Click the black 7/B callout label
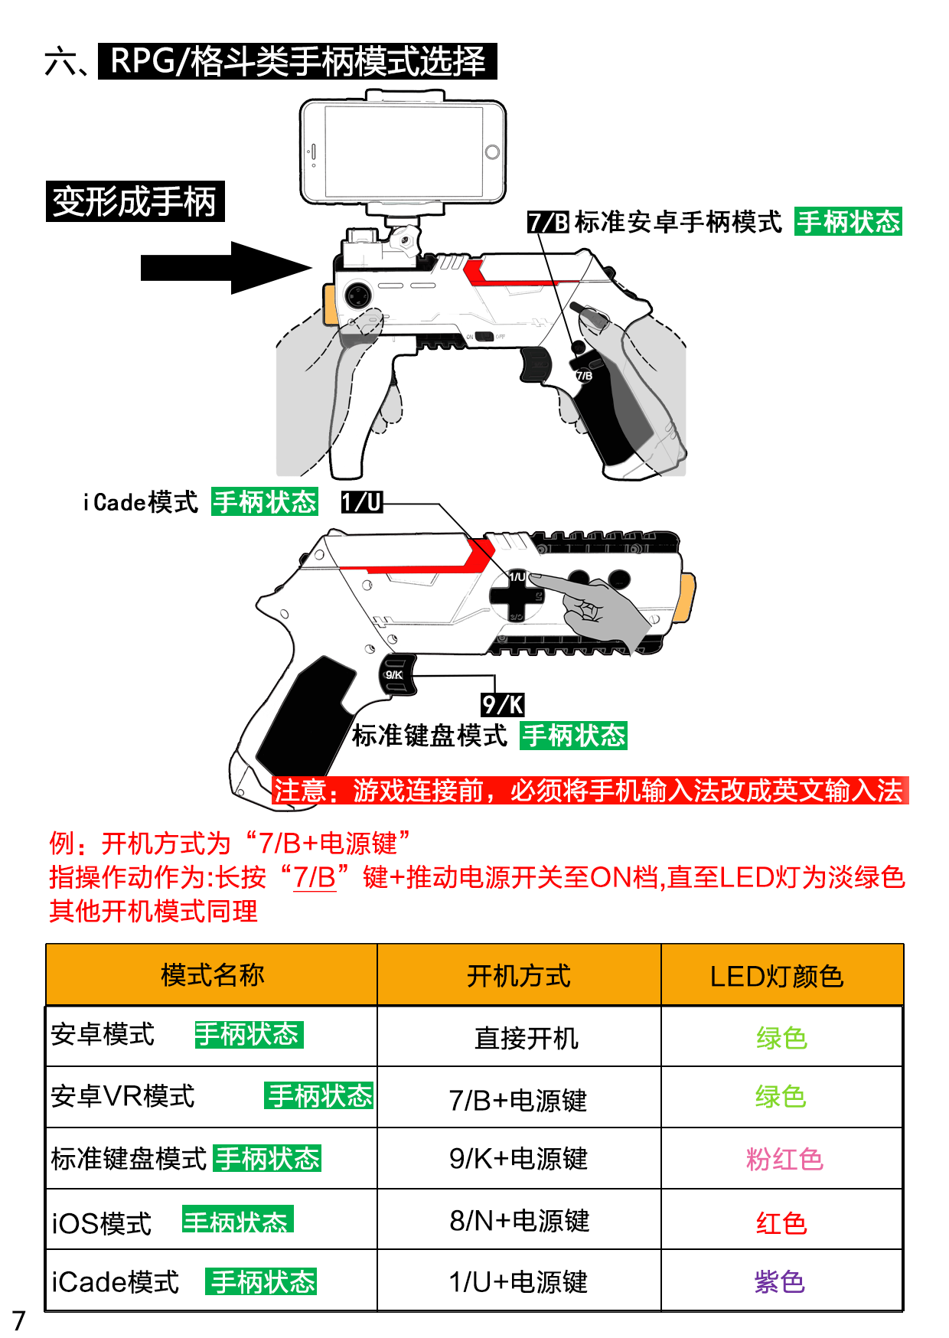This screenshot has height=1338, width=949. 548,223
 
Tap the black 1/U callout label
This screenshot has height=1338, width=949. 361,502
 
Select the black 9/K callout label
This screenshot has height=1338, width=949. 503,704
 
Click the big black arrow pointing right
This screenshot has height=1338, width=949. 226,268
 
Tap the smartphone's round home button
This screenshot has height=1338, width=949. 492,152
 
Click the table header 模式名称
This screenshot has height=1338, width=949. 212,975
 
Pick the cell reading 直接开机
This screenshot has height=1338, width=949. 527,1038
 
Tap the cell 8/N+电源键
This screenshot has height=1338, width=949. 519,1221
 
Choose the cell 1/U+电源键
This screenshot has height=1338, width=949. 518,1282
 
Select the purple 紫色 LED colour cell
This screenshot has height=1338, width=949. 779,1282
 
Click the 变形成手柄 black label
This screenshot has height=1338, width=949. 135,201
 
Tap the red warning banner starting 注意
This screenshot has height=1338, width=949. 589,791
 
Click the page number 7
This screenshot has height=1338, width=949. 19,1320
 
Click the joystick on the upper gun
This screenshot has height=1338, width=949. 357,295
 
